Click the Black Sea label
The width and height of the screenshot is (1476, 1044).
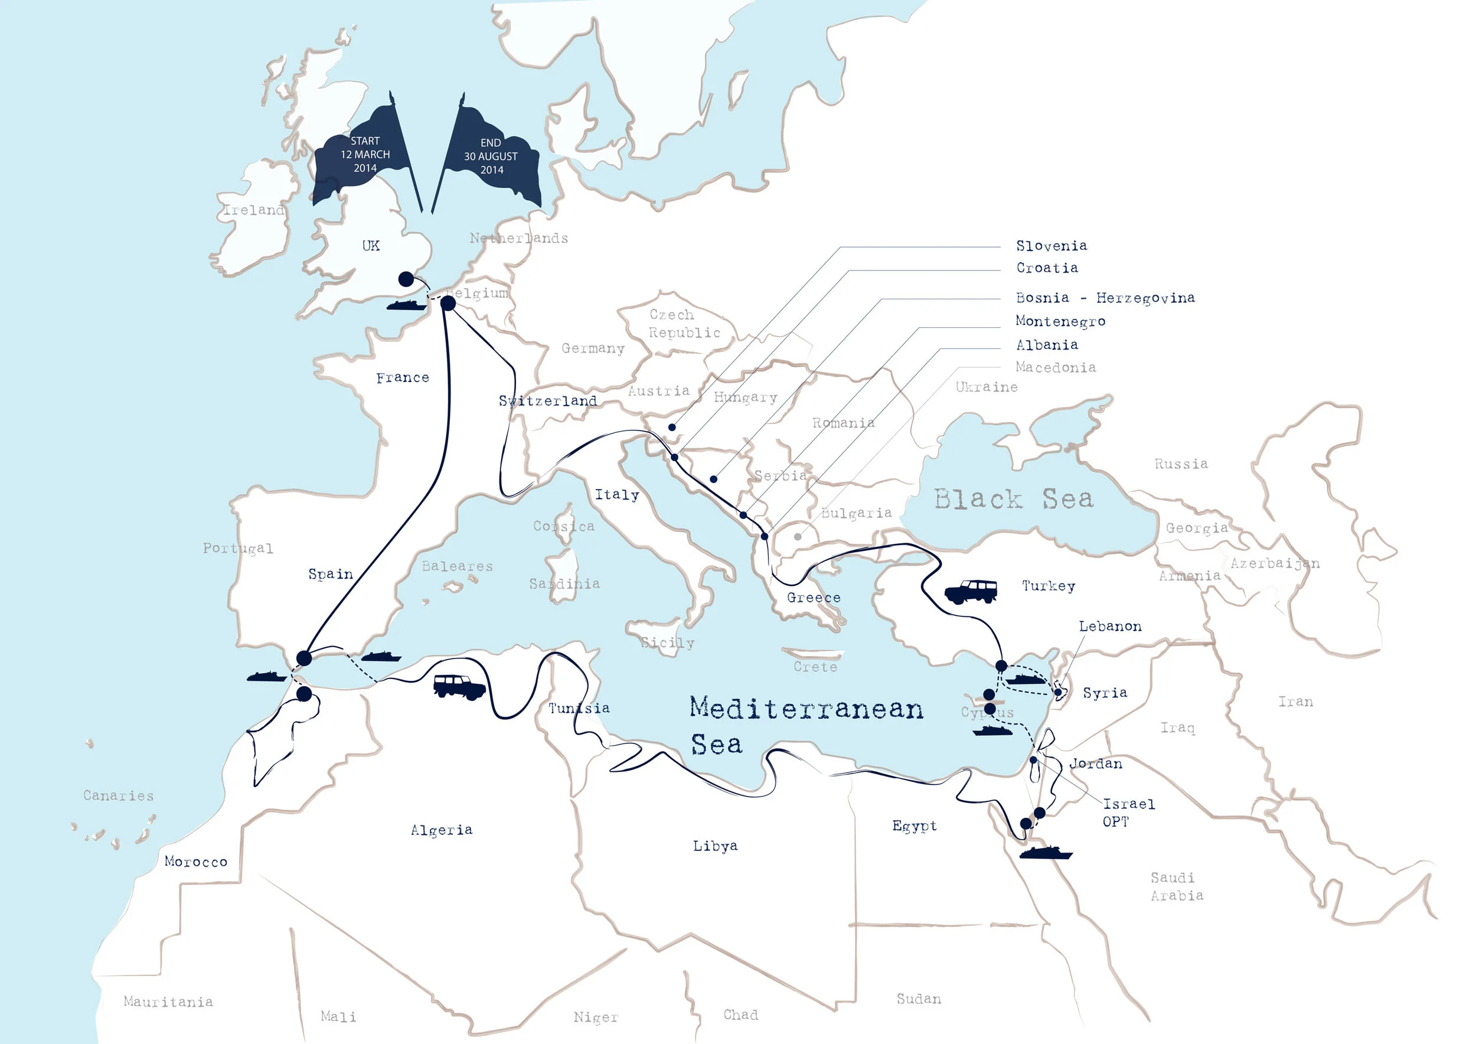coord(1013,499)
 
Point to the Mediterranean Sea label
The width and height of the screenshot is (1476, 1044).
coord(805,725)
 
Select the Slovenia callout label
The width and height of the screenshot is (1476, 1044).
coord(1051,246)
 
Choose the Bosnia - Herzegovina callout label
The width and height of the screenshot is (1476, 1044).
coord(1105,298)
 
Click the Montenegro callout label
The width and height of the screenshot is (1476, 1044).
coord(1060,321)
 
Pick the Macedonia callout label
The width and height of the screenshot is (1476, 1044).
coord(1055,367)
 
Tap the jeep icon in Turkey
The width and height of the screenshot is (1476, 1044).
coord(971,590)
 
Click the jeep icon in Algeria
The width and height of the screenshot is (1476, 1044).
coord(458,686)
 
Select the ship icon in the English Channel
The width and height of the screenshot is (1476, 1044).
coord(406,305)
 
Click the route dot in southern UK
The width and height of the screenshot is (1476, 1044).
coord(406,279)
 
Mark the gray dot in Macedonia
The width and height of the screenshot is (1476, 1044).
coord(797,536)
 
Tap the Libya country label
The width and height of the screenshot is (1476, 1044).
coord(715,846)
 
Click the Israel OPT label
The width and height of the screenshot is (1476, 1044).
coord(1128,812)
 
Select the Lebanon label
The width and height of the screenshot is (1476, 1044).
coord(1109,626)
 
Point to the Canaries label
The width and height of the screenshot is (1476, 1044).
coord(118,796)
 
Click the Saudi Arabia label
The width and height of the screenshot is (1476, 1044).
coord(1177,886)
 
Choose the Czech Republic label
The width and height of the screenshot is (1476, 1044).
coord(684,324)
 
